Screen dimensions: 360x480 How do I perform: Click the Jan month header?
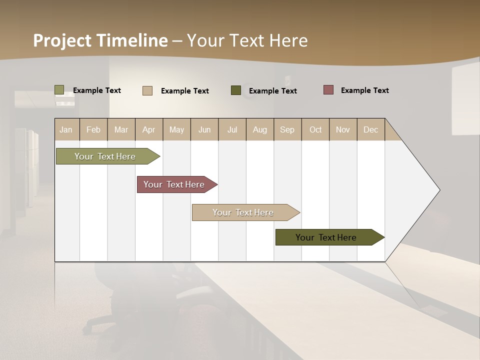(66, 129)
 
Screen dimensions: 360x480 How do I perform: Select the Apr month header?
(148, 129)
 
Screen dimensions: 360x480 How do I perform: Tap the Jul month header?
(232, 129)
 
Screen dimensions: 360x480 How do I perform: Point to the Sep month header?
(287, 129)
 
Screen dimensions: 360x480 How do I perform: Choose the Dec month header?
(370, 129)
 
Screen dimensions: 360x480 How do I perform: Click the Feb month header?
(93, 129)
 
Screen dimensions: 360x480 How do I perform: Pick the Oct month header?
(315, 129)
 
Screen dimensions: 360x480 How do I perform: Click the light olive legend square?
(59, 90)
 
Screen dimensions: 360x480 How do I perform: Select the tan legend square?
(147, 90)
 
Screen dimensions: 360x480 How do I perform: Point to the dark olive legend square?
(236, 90)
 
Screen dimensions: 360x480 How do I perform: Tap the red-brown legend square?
(328, 90)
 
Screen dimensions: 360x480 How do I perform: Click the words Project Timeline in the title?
(100, 40)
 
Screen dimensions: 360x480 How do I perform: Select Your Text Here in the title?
(247, 40)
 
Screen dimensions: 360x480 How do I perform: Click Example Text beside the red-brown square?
(364, 90)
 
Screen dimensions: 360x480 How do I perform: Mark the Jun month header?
(204, 129)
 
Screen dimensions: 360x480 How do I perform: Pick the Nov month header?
(343, 129)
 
